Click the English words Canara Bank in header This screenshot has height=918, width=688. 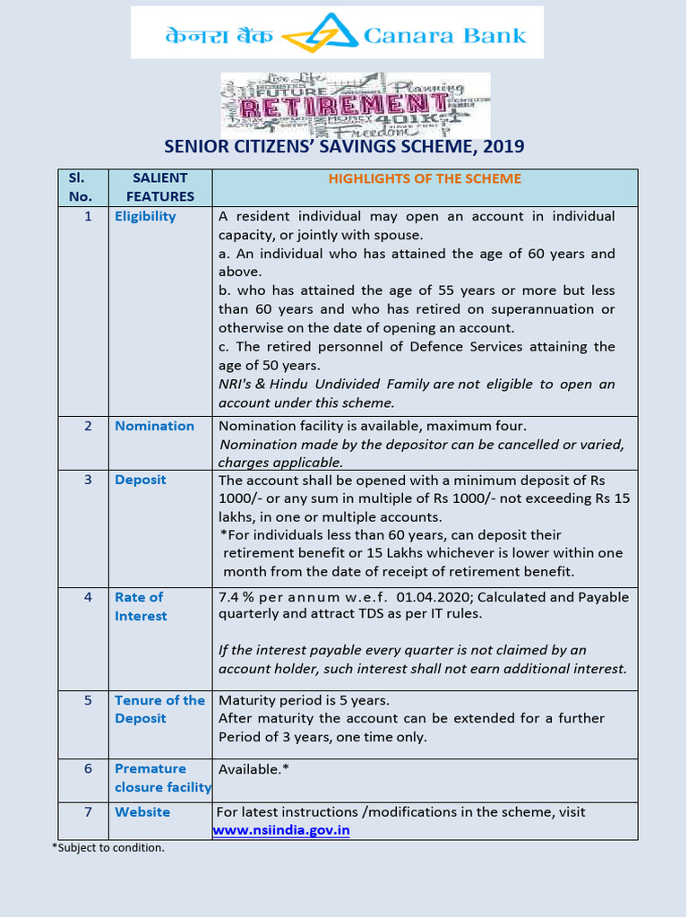[444, 36]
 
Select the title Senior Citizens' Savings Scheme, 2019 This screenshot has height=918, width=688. [344, 147]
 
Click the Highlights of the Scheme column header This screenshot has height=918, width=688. [424, 178]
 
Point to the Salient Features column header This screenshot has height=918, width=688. [160, 187]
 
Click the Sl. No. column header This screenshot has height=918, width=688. [81, 187]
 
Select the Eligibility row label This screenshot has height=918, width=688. [145, 216]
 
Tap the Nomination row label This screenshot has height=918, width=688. [154, 426]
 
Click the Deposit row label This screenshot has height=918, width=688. [140, 480]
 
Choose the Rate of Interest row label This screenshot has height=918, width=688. [141, 607]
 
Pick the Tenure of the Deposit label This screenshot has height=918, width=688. [159, 709]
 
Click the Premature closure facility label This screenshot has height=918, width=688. [162, 778]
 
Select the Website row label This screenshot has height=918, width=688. [142, 811]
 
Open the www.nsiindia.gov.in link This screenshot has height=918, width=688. [281, 830]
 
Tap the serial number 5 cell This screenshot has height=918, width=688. [88, 700]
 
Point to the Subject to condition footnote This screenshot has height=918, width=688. [107, 847]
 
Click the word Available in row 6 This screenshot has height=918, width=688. [250, 769]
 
